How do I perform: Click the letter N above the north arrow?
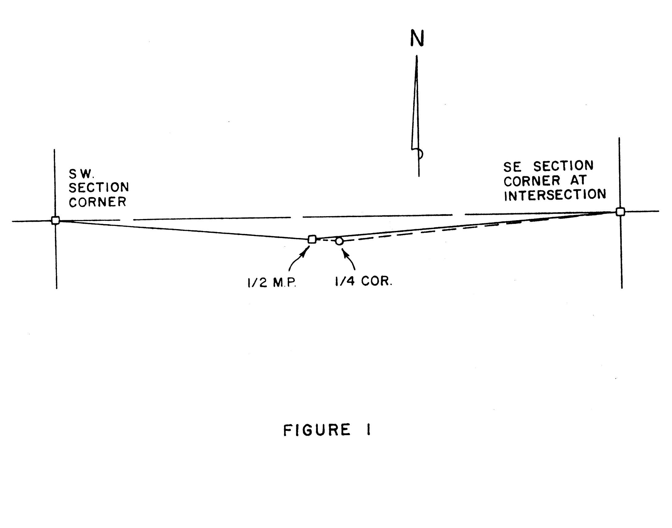(417, 38)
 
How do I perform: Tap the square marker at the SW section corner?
(55, 220)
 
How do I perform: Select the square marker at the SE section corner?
(620, 212)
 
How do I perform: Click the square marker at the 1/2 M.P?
(312, 239)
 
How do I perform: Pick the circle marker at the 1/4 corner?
(339, 241)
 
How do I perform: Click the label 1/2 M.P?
(271, 283)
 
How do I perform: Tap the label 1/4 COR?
(363, 281)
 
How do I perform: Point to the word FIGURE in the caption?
(317, 430)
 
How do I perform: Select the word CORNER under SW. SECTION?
(98, 202)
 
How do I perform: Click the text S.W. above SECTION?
(81, 174)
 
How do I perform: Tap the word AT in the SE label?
(578, 180)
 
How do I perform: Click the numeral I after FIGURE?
(368, 430)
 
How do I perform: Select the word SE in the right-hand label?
(512, 167)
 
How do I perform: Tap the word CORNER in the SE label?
(532, 181)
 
